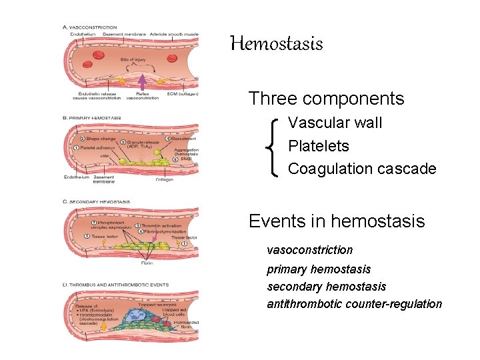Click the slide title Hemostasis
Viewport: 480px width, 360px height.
point(276,45)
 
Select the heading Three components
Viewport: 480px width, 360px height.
point(326,99)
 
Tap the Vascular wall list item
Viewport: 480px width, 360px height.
point(335,123)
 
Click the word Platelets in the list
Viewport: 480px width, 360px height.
point(318,146)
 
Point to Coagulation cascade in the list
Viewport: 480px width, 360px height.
point(362,169)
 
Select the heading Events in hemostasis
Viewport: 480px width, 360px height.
point(336,221)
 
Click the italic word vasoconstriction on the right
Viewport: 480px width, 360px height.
point(309,250)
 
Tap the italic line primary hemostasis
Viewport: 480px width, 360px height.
point(319,269)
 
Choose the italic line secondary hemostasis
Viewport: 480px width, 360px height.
point(326,286)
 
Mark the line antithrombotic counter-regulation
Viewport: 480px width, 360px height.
point(354,304)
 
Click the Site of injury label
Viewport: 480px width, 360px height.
point(133,60)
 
